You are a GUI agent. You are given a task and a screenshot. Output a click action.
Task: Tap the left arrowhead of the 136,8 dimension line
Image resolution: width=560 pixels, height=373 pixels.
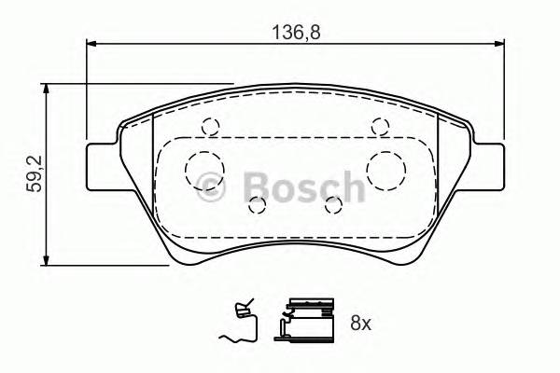(x=91, y=43)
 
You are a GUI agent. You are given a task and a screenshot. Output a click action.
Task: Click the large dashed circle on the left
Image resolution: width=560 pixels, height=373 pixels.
(x=202, y=169)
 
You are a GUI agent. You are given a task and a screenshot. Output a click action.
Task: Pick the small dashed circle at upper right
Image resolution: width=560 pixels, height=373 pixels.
(x=379, y=128)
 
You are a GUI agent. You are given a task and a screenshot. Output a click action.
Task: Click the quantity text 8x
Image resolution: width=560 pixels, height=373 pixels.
(x=361, y=324)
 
